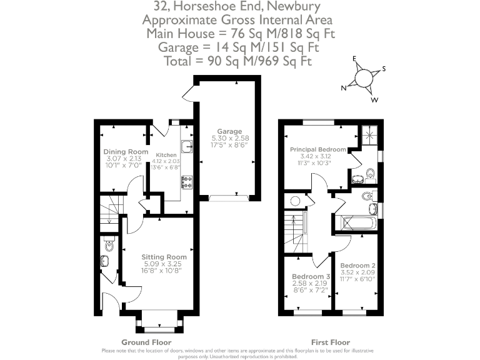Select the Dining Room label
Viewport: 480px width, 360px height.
126,152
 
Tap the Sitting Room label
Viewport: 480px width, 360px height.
164,257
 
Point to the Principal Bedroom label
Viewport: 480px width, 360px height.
317,149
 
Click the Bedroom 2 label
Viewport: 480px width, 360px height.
357,265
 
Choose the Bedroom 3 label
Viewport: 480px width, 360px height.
311,276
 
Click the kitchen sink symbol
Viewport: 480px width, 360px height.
186,147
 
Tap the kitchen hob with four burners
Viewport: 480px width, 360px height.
186,182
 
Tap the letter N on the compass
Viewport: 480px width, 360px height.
343,89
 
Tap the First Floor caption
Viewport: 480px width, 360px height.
331,342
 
